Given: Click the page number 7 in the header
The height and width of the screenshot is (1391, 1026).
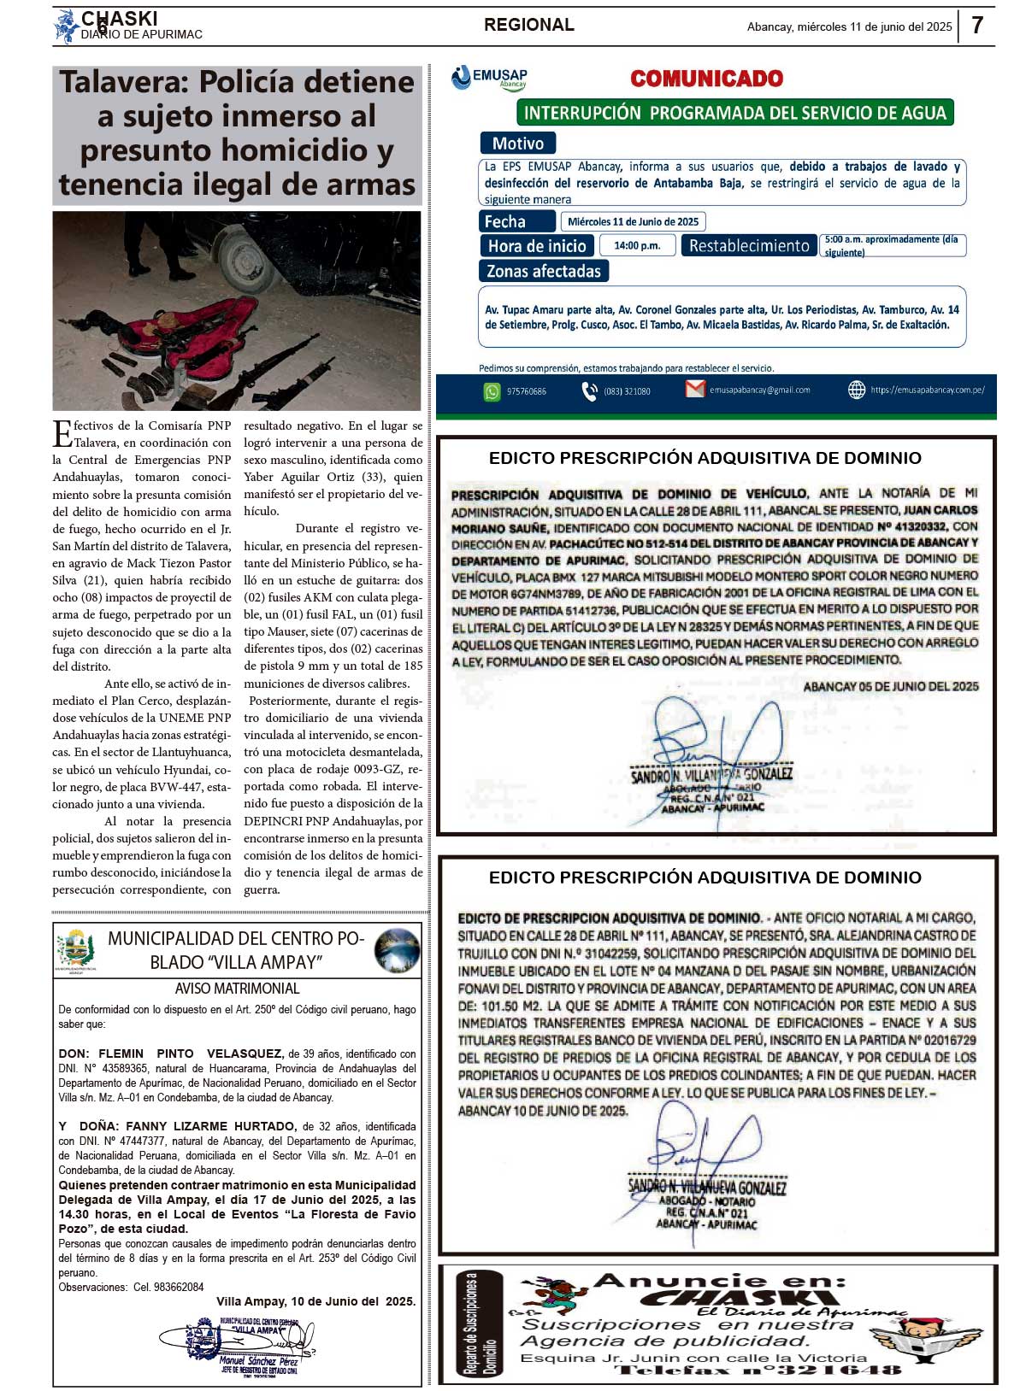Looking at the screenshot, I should click(977, 26).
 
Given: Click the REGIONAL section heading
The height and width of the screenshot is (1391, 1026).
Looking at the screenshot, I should click(528, 25).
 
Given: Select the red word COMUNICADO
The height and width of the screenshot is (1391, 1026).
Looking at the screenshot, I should click(706, 79).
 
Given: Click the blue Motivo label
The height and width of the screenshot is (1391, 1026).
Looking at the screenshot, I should click(517, 144).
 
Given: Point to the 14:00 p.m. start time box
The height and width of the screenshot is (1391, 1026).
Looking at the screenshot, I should click(637, 246).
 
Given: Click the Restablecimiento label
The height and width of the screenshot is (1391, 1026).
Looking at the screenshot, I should click(748, 246).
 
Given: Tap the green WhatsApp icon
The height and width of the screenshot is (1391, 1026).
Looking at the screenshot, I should click(492, 391).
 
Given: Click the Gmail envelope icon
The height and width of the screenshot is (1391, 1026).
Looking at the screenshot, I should click(695, 390).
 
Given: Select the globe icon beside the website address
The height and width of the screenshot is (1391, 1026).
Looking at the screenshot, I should click(856, 390).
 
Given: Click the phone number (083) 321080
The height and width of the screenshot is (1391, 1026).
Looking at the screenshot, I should click(627, 391).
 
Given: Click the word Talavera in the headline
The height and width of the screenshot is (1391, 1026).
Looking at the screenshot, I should click(119, 82).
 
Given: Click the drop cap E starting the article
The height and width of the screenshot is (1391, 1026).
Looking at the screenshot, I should click(62, 433).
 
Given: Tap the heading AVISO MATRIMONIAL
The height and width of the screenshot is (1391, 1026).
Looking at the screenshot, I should click(237, 989).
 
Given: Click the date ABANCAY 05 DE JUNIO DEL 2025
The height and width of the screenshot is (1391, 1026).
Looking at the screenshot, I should click(890, 686).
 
